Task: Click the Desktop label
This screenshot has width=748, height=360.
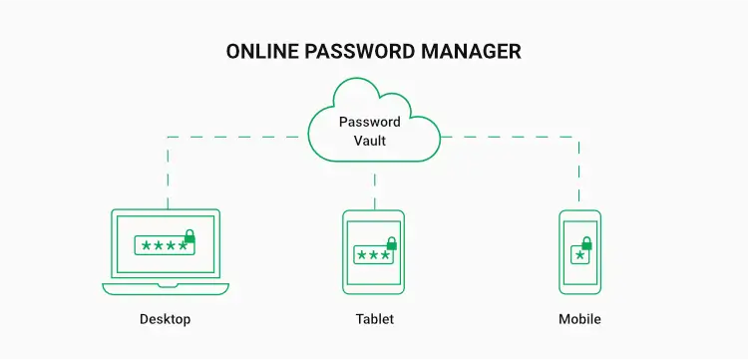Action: [x=165, y=320]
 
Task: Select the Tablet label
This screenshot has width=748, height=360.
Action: [x=374, y=320]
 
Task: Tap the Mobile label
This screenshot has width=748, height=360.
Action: [x=579, y=320]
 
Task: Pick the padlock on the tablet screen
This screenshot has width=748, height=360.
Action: [x=392, y=243]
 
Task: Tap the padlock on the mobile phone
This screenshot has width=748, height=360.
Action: [x=586, y=243]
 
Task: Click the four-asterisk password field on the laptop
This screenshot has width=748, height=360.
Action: [x=163, y=246]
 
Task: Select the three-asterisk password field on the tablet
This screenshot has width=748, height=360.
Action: [x=373, y=255]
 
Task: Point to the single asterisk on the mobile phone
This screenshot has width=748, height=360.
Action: [x=579, y=255]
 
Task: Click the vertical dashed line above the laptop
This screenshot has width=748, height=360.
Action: [x=168, y=175]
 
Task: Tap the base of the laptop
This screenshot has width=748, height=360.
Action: [x=166, y=288]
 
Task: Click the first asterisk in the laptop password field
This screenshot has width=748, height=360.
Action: [x=146, y=246]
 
